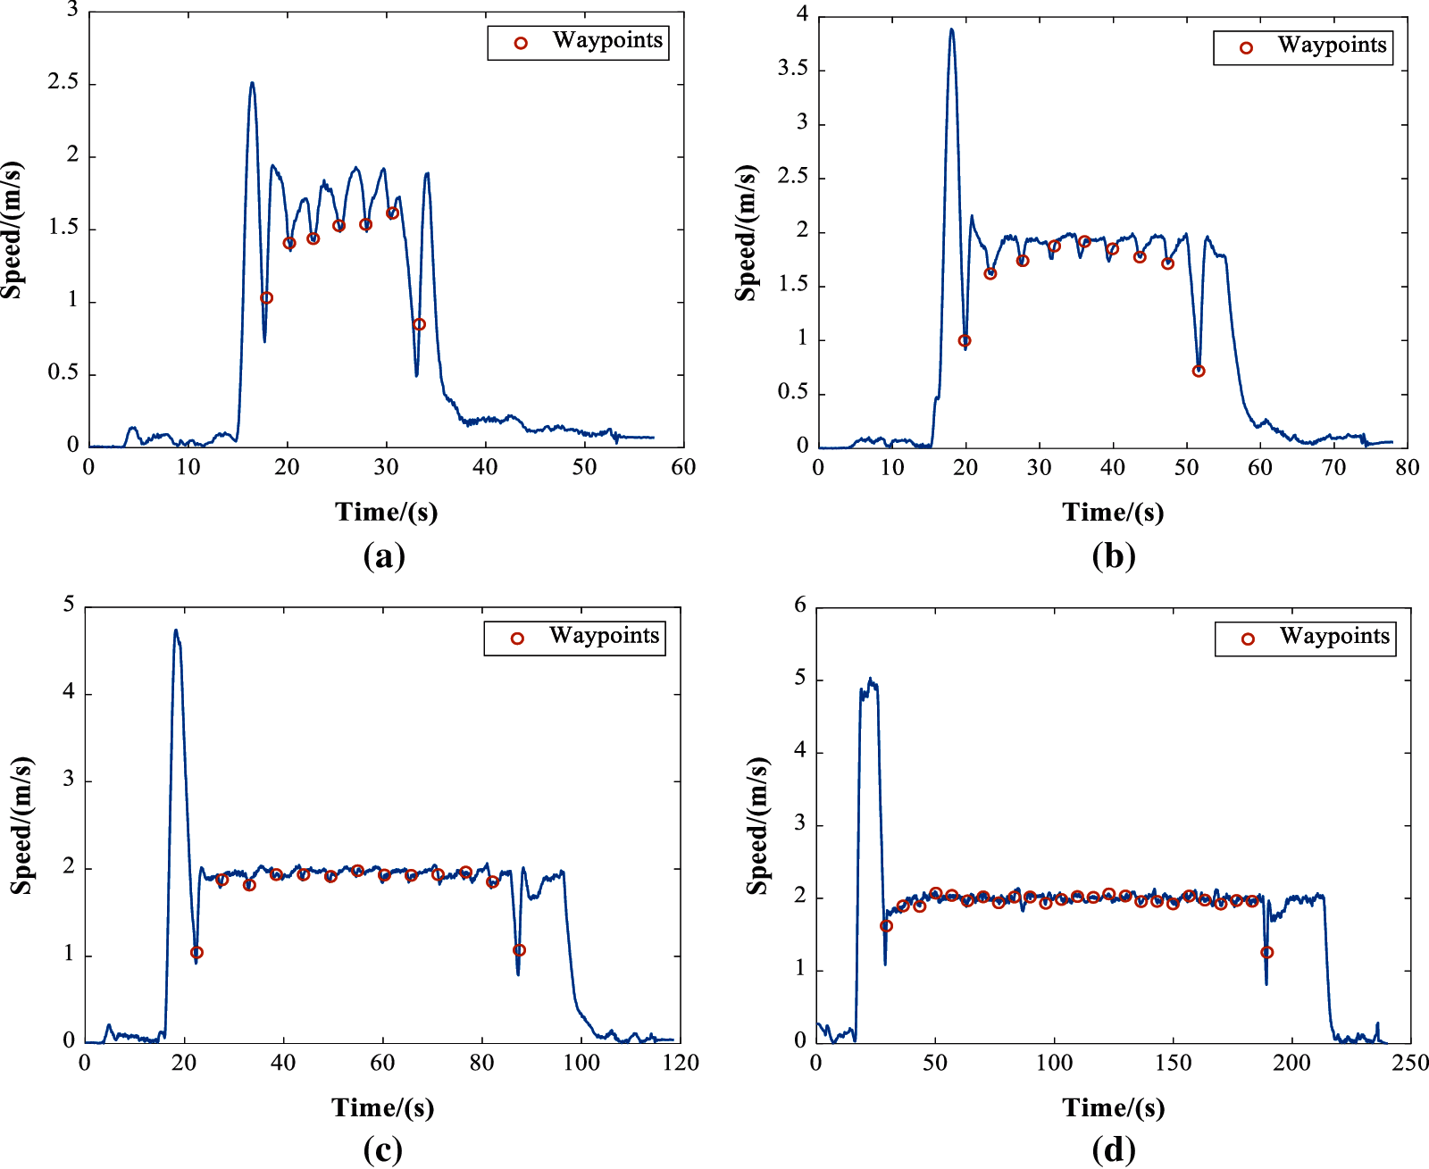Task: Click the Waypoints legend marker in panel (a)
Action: click(x=521, y=42)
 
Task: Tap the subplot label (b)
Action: click(x=1113, y=555)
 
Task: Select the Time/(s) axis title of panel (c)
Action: click(x=383, y=1107)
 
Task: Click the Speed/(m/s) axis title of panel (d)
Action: click(x=757, y=825)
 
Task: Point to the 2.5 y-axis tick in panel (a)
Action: click(x=63, y=83)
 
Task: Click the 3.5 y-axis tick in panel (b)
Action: click(x=792, y=69)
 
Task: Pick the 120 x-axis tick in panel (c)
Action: click(x=681, y=1063)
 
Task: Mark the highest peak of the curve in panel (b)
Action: click(x=951, y=29)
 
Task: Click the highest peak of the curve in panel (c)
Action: click(x=176, y=630)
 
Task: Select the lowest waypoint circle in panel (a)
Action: click(x=419, y=324)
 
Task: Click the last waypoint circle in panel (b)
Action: click(x=1199, y=371)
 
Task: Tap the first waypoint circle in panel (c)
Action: click(x=196, y=952)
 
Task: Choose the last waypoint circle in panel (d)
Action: click(x=1266, y=952)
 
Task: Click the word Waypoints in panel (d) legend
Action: click(x=1334, y=636)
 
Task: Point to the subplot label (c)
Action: click(x=383, y=1149)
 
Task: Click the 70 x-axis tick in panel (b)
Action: click(x=1333, y=467)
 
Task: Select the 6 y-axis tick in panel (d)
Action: click(x=800, y=605)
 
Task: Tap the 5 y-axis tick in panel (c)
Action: click(x=69, y=605)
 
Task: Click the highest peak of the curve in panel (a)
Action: click(x=252, y=83)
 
